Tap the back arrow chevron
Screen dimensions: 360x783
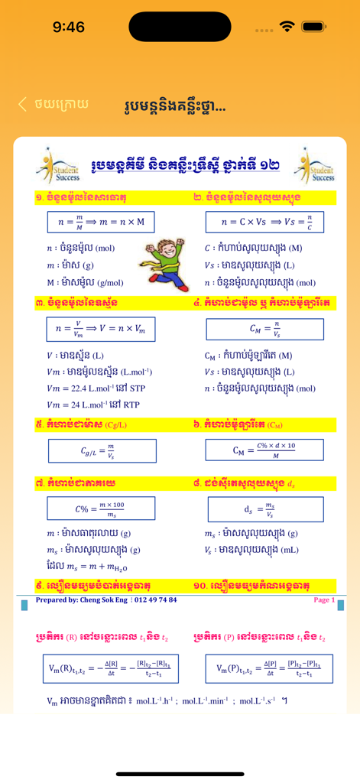pos(23,104)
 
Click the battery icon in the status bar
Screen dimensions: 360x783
pos(314,27)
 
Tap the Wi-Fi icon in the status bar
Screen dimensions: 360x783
pos(287,27)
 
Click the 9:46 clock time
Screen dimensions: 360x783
pos(69,28)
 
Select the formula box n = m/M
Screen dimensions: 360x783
pos(100,223)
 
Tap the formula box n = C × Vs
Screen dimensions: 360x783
pos(264,223)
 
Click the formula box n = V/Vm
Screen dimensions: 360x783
pos(102,329)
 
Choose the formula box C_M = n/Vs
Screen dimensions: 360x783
pos(264,330)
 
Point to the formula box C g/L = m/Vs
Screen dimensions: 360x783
pos(102,450)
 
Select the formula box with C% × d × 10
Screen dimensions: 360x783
pos(264,450)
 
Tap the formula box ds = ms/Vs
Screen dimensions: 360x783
pos(264,508)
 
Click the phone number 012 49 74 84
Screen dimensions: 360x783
pos(155,600)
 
